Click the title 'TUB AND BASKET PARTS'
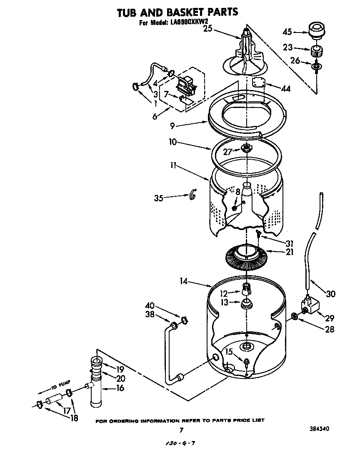(177, 12)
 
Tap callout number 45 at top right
(299, 32)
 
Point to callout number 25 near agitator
(208, 29)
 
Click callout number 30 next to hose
(330, 294)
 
